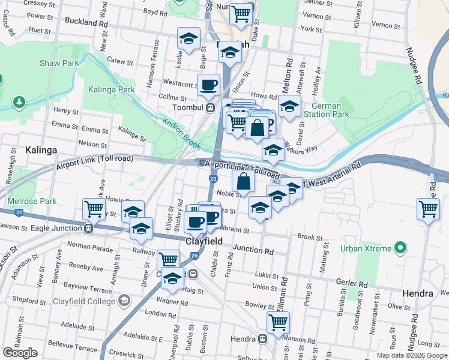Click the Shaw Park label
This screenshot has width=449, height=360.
(59, 63)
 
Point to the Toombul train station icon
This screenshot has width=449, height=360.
(211, 108)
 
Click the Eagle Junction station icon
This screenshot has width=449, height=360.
(88, 228)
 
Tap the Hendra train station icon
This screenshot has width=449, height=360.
(262, 339)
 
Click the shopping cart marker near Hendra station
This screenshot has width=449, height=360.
(278, 322)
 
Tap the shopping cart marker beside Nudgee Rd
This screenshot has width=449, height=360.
(428, 209)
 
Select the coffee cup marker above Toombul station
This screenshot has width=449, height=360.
(208, 85)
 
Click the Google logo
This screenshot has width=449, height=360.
(20, 353)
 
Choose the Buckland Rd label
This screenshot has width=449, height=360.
(86, 22)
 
